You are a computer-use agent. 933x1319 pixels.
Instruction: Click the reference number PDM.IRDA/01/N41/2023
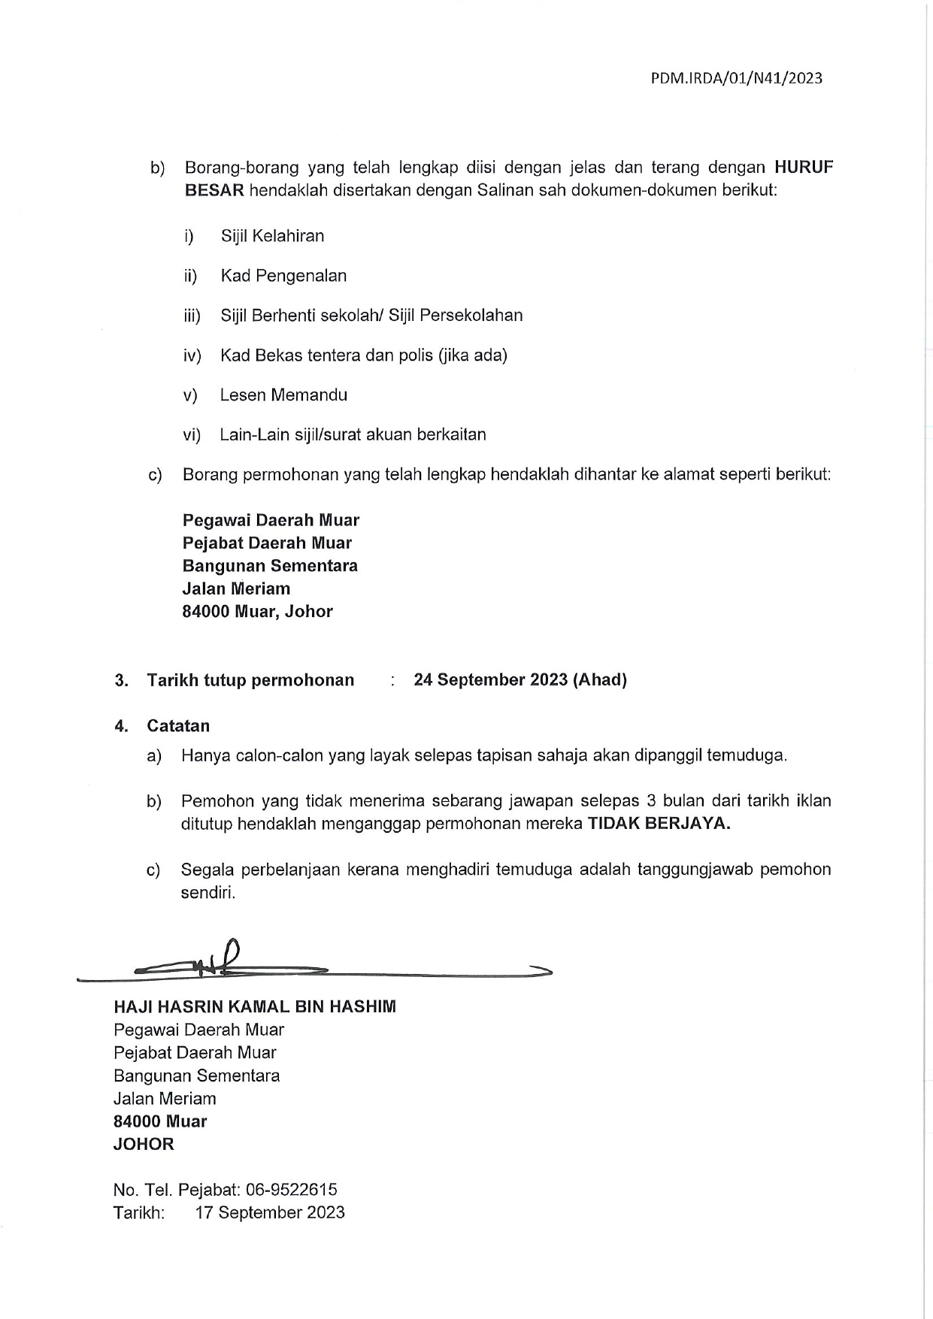click(736, 78)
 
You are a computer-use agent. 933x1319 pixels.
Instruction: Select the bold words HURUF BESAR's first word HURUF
click(804, 167)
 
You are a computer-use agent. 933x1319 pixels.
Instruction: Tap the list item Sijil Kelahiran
click(272, 236)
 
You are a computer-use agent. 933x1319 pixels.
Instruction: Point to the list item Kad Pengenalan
click(283, 276)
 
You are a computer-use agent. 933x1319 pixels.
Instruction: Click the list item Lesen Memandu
click(283, 395)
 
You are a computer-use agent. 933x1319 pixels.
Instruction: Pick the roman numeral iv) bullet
click(192, 355)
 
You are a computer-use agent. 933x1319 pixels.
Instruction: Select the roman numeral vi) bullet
click(192, 434)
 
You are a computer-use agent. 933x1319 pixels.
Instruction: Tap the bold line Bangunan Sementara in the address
click(270, 565)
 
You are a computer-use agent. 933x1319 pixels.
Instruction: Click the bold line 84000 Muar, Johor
click(257, 611)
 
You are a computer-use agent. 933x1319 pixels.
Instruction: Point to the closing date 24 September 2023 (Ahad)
click(520, 679)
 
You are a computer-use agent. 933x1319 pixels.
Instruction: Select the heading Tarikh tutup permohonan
click(250, 680)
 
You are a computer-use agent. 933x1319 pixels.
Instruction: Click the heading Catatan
click(178, 726)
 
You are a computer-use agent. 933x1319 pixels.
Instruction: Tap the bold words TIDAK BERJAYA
click(659, 823)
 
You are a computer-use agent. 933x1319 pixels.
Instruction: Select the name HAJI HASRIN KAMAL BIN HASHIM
click(254, 1006)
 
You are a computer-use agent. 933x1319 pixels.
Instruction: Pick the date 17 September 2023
click(270, 1212)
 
